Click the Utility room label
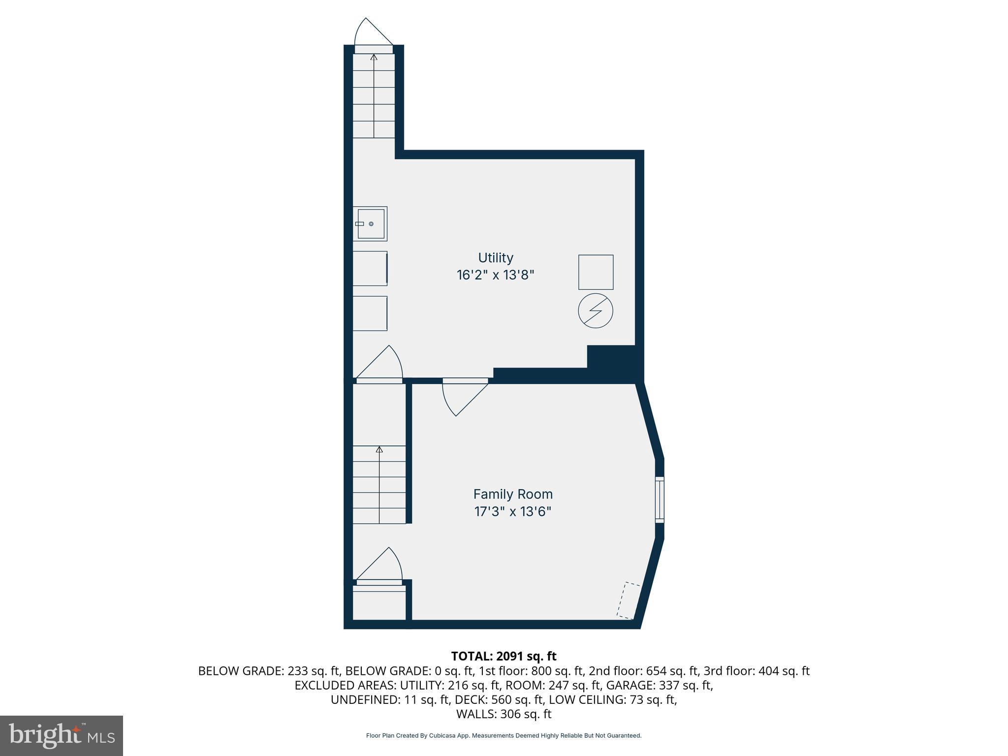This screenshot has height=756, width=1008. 496,258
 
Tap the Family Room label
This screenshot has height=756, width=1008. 513,494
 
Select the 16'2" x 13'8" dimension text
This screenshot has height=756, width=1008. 496,275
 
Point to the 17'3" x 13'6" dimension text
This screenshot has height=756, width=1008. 513,511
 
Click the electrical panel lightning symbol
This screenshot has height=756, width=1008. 596,311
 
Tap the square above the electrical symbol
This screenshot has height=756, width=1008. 596,272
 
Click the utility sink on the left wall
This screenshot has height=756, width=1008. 370,224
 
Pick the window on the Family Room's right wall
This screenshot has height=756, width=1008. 660,499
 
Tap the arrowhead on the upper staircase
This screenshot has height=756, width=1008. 374,57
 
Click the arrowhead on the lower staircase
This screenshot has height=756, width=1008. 379,449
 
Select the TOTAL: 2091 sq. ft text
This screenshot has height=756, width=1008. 504,656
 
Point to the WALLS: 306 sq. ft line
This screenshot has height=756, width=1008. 504,714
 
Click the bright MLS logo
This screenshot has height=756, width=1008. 62,736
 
